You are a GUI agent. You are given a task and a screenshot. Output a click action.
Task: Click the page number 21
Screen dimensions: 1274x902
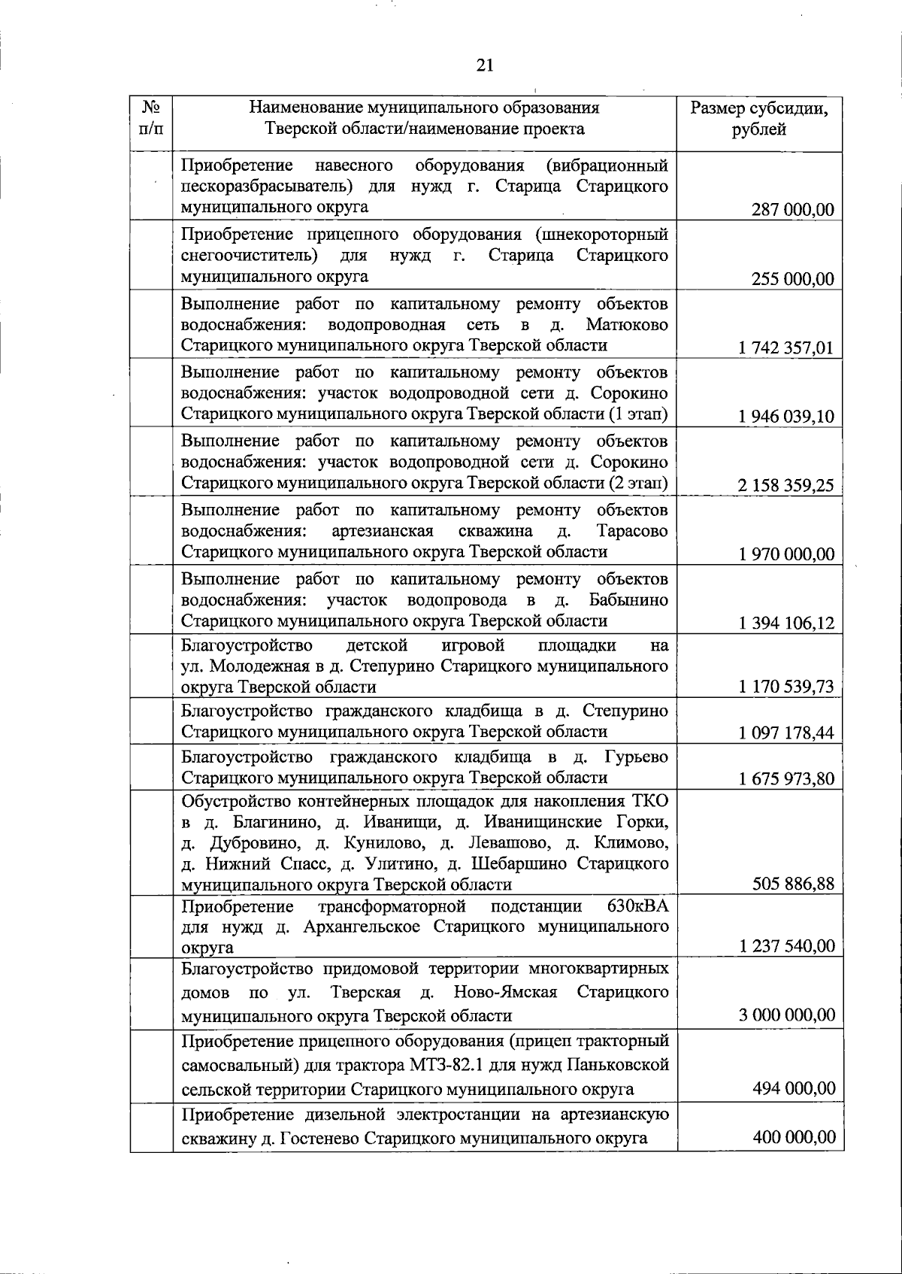click(485, 65)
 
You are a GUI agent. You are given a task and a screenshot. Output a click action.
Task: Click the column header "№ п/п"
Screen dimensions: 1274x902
click(150, 118)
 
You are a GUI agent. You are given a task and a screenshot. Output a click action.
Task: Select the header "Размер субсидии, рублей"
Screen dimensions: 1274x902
click(759, 119)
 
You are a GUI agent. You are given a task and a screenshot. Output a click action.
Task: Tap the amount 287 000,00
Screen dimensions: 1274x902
click(792, 210)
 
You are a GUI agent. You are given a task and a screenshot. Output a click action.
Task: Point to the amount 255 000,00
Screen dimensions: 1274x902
click(792, 279)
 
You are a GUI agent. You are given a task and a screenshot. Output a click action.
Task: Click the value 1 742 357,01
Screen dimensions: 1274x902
click(786, 348)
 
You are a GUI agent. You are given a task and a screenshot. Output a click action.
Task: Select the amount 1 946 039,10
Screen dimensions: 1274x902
click(786, 417)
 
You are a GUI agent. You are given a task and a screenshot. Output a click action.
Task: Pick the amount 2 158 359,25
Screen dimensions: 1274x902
click(786, 485)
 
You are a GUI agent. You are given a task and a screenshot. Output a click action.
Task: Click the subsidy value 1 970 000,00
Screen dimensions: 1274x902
click(786, 554)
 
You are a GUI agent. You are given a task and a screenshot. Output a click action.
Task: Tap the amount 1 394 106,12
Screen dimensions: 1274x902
click(786, 623)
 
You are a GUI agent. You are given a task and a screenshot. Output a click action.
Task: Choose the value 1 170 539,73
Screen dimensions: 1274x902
click(786, 687)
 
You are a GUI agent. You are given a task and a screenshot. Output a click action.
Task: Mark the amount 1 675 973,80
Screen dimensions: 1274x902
click(786, 778)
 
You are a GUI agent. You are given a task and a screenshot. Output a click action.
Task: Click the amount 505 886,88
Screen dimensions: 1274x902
click(793, 884)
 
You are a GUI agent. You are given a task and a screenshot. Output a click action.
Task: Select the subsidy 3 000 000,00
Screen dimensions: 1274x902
click(786, 1015)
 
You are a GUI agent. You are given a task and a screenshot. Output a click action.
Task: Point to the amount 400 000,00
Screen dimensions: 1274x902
click(794, 1137)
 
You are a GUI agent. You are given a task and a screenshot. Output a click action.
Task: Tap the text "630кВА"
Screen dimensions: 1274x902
click(637, 905)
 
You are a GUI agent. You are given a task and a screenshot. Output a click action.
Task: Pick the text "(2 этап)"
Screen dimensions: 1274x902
click(637, 483)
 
